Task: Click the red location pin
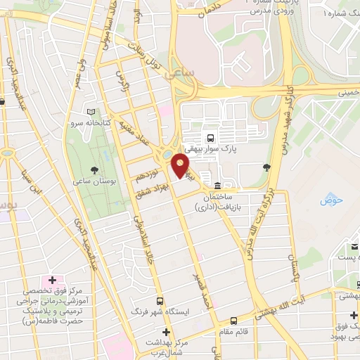(181, 166)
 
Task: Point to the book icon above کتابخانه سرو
(89, 112)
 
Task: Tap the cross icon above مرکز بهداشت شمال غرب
(166, 332)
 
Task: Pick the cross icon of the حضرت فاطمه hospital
(52, 281)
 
